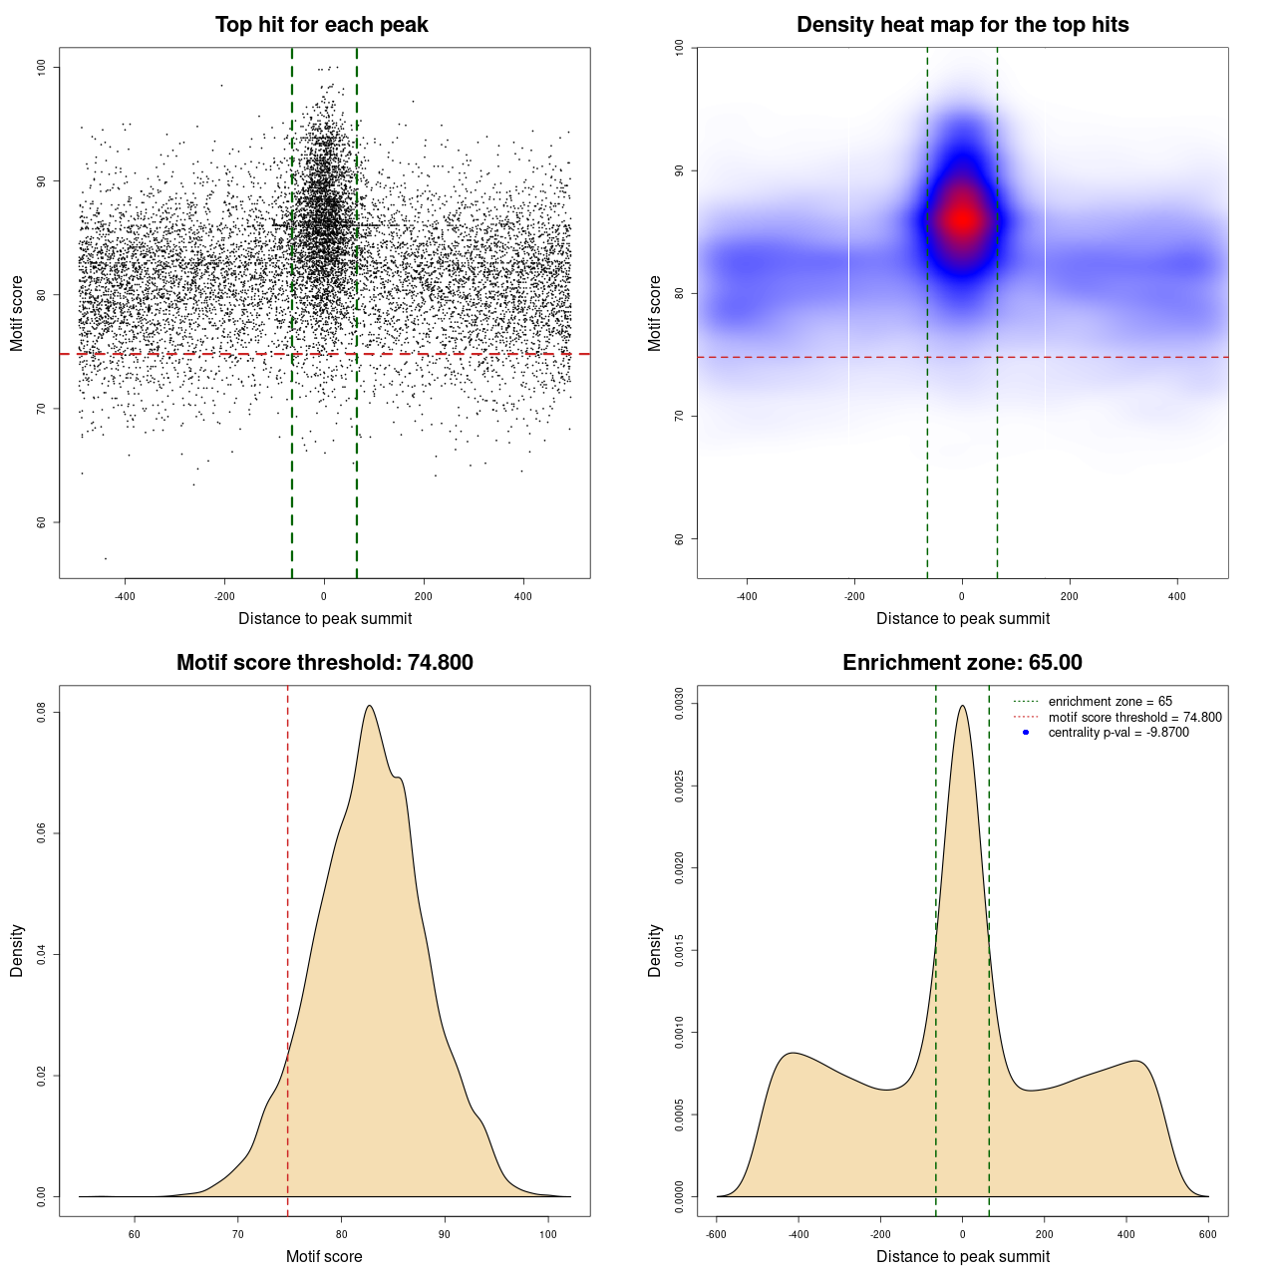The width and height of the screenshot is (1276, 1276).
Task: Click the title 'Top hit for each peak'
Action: [321, 25]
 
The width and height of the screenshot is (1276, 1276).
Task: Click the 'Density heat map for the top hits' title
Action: [962, 25]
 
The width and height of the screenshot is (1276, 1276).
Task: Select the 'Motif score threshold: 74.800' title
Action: [324, 663]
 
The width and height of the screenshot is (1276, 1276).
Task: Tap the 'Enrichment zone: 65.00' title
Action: [962, 663]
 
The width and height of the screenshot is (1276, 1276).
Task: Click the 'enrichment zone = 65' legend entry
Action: [1110, 702]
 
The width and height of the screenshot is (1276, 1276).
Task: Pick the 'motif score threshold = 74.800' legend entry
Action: [1134, 717]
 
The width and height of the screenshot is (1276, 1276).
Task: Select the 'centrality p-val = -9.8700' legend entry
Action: [1118, 733]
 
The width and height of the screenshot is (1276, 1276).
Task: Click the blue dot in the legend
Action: [1026, 733]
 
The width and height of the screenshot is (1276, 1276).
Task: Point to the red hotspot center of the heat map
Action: [962, 219]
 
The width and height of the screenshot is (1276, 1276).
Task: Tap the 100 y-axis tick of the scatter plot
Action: [42, 67]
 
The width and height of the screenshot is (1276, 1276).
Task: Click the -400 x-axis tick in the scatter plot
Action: [125, 596]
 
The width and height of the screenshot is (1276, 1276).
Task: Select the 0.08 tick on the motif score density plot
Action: [42, 712]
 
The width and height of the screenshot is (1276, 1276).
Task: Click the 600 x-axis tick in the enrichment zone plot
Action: [1208, 1234]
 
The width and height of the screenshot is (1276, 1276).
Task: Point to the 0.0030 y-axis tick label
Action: [680, 704]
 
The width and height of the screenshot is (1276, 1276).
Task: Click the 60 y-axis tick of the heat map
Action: [680, 539]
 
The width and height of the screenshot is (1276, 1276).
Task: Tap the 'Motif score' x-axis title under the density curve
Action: [324, 1256]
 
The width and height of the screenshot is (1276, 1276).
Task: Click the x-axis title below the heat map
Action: [962, 618]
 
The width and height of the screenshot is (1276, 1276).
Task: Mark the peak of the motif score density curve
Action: [370, 706]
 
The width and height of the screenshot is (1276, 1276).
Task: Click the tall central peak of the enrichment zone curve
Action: [962, 706]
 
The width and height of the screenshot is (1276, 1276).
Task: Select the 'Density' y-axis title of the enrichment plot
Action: [655, 950]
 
